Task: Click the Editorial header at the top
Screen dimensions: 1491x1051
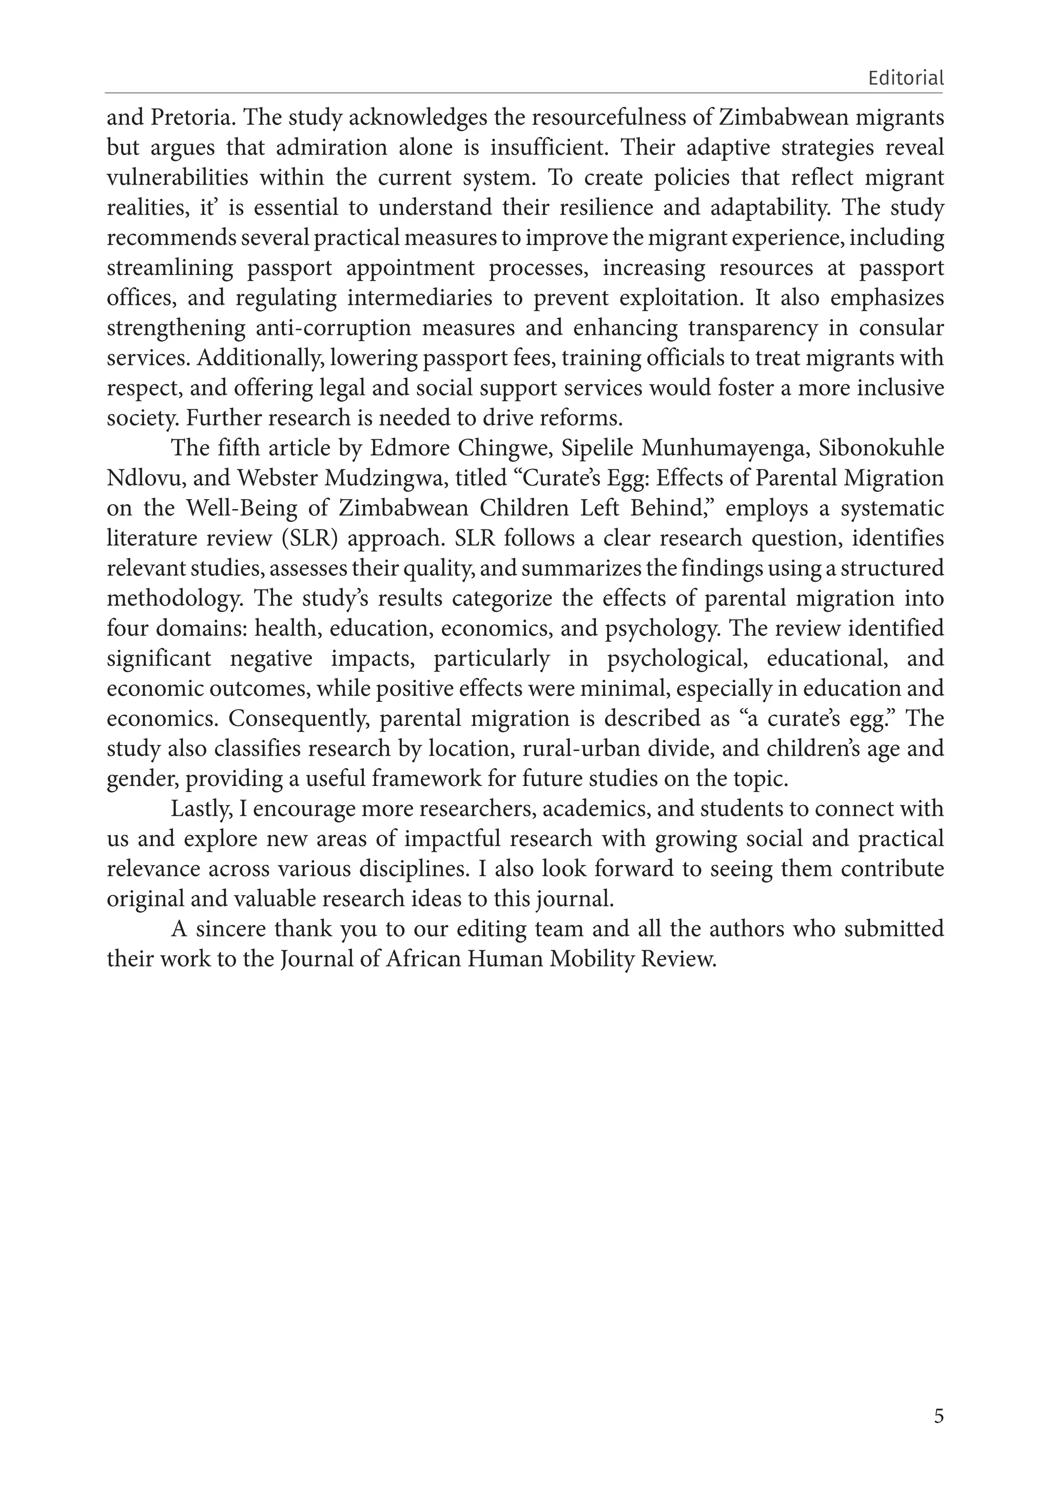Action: click(x=905, y=79)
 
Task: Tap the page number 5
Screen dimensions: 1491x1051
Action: click(x=939, y=1416)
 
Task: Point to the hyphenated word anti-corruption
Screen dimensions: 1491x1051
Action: click(x=333, y=328)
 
